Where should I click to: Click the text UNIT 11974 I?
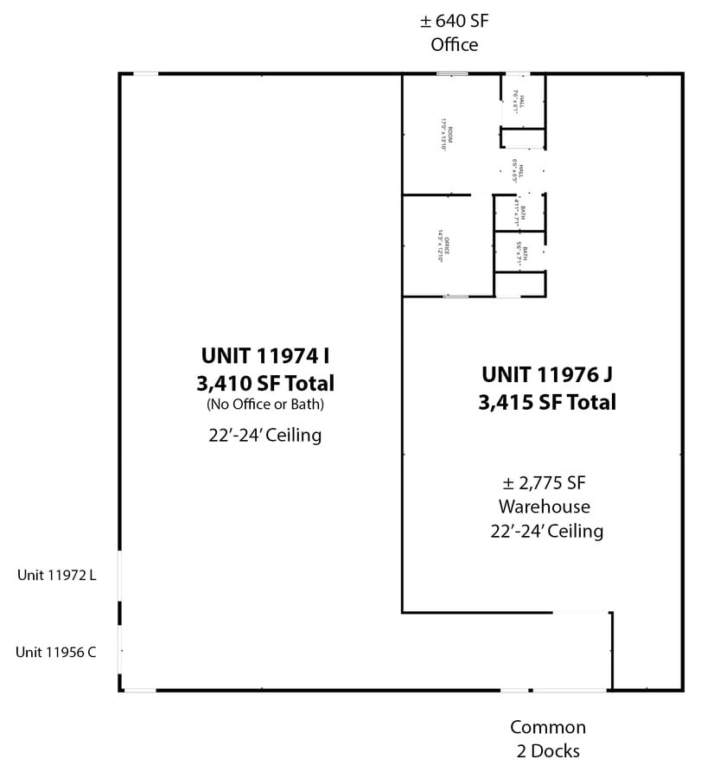point(267,355)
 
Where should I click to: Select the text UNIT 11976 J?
point(547,375)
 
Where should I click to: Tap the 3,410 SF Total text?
point(267,382)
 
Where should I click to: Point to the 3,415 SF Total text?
point(547,402)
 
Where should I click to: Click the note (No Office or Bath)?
point(267,405)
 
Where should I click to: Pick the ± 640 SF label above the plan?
point(455,20)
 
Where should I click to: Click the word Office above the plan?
point(455,44)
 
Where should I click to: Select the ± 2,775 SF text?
point(547,482)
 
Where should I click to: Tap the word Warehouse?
point(547,506)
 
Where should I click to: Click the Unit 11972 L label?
point(56,574)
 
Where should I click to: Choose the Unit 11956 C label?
point(56,652)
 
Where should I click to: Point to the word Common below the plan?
point(547,727)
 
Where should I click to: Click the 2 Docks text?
point(547,751)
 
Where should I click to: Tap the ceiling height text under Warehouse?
point(547,530)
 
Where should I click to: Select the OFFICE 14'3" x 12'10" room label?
point(443,245)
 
